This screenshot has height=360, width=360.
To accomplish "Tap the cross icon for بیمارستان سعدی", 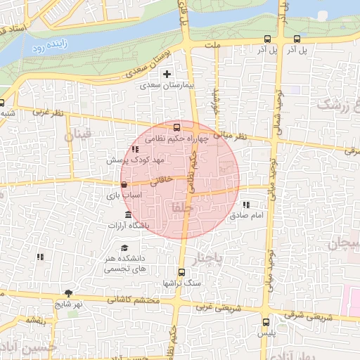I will pyautogui.click(x=167, y=74).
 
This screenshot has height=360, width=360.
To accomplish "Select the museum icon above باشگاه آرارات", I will pyautogui.click(x=127, y=214).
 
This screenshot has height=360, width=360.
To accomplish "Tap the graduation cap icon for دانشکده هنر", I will pyautogui.click(x=124, y=247).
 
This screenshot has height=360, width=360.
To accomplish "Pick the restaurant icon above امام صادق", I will pyautogui.click(x=245, y=205).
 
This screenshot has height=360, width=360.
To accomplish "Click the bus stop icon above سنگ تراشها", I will pyautogui.click(x=181, y=272).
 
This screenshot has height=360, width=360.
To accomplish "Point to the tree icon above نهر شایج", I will pyautogui.click(x=68, y=293).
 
